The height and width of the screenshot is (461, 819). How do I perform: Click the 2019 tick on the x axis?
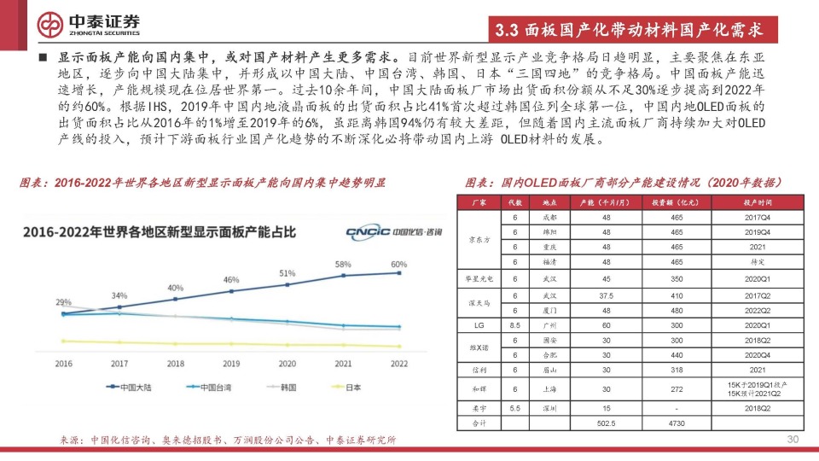click(x=231, y=364)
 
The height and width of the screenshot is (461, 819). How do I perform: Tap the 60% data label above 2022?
click(x=398, y=264)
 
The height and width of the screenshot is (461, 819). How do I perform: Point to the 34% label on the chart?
click(x=119, y=296)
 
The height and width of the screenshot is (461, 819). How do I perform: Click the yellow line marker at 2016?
click(x=63, y=341)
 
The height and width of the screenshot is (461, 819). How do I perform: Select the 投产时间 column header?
click(x=758, y=203)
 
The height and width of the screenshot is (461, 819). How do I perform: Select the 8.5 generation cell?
click(x=514, y=325)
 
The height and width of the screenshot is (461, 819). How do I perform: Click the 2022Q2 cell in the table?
click(x=758, y=310)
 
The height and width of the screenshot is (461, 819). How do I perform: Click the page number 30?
click(x=792, y=440)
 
